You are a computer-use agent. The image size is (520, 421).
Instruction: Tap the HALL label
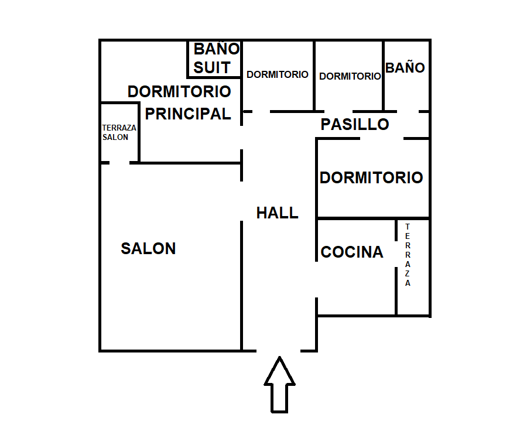[x=277, y=213]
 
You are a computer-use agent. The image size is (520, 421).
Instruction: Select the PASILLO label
[x=355, y=124]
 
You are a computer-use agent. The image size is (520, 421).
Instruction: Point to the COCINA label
[x=352, y=252]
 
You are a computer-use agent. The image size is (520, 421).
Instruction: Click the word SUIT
[x=212, y=67]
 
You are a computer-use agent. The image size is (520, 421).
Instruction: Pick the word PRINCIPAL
[x=188, y=114]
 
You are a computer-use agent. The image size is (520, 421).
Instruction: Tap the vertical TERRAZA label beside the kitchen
[x=408, y=255]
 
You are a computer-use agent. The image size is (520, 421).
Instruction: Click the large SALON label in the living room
[x=148, y=248]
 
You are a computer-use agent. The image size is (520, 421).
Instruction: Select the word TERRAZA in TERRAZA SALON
[x=119, y=128]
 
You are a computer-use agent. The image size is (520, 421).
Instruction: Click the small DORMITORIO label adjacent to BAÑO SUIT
[x=278, y=75]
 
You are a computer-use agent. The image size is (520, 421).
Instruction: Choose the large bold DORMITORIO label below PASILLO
[x=371, y=177]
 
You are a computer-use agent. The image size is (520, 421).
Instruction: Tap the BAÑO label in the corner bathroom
[x=405, y=67]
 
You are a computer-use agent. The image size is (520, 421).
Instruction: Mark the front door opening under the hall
[x=279, y=351]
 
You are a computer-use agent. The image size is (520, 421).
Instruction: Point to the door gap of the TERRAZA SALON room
[x=120, y=162]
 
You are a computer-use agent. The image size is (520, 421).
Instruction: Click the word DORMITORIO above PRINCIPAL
[x=179, y=91]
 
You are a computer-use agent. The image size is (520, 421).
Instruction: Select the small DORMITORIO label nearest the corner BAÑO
[x=350, y=76]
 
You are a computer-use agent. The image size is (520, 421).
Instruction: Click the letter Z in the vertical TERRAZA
[x=408, y=274]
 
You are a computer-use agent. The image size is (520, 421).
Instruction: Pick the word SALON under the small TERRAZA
[x=115, y=137]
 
